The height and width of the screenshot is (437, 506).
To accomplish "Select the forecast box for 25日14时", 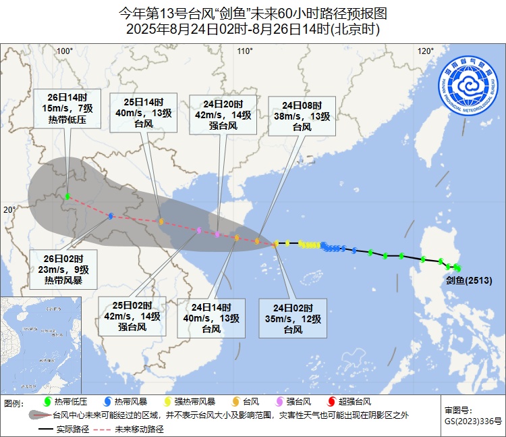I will click(x=143, y=113).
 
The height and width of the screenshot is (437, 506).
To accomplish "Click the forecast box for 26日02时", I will click(x=63, y=269).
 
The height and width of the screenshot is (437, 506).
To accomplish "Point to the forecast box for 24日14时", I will click(x=211, y=318).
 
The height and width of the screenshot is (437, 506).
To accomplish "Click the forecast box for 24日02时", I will click(x=293, y=318).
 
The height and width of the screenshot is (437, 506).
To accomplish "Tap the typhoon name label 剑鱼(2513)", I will click(x=468, y=280).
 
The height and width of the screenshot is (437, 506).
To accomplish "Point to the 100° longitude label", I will click(x=65, y=51).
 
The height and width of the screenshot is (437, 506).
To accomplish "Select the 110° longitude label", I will click(x=244, y=51).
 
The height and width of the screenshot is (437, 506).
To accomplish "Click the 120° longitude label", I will click(x=425, y=51).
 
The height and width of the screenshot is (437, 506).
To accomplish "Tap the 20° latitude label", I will click(x=9, y=209).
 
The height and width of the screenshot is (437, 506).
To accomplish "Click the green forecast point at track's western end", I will click(x=68, y=197).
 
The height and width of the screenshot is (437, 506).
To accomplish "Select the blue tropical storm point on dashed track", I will click(x=111, y=216).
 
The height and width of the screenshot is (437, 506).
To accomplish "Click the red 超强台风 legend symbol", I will click(x=331, y=403).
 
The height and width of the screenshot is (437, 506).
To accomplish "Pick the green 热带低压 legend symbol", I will click(x=47, y=403).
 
